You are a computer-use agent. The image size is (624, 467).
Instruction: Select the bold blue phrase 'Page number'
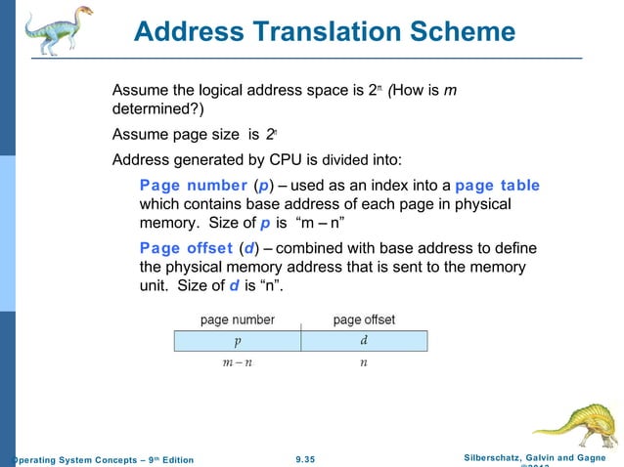[194, 186]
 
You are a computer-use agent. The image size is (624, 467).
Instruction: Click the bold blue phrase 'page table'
[497, 186]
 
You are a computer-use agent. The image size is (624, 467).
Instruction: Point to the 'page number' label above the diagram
[238, 319]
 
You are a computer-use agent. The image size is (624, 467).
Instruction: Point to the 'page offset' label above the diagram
[364, 319]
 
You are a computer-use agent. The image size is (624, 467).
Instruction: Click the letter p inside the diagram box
[237, 341]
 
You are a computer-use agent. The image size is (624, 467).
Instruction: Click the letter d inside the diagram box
[364, 341]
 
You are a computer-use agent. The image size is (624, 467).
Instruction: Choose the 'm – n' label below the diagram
[236, 362]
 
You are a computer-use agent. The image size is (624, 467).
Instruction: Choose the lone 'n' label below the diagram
[364, 362]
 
